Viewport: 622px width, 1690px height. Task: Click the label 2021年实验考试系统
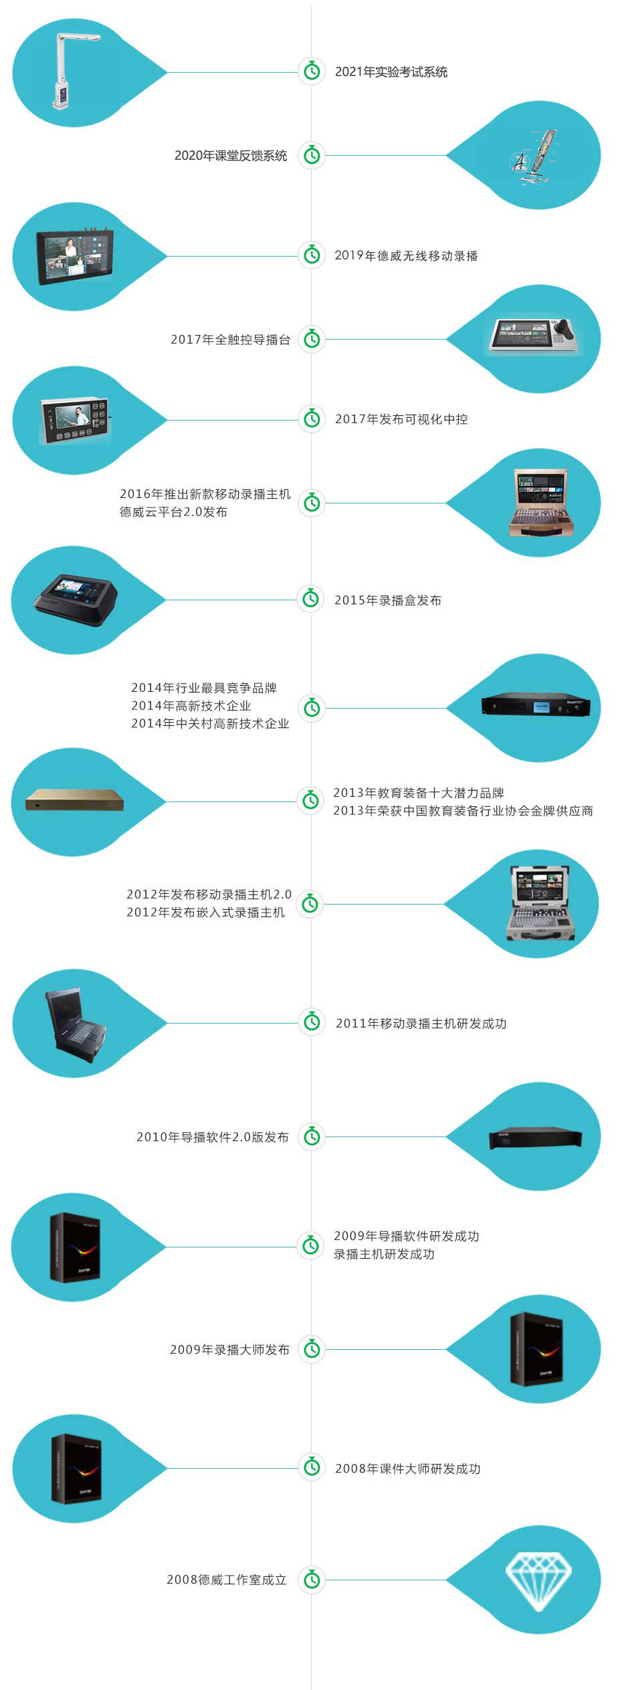click(x=391, y=72)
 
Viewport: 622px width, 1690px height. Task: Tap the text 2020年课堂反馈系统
click(x=231, y=155)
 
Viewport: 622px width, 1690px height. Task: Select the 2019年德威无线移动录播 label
click(x=406, y=255)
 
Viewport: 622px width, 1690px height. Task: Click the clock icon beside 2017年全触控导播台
click(x=312, y=339)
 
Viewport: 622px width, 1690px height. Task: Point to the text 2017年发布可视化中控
click(x=401, y=419)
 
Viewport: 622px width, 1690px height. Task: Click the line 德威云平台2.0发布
click(x=174, y=512)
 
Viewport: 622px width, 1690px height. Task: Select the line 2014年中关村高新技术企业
click(x=210, y=723)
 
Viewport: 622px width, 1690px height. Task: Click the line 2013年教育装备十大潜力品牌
click(x=419, y=793)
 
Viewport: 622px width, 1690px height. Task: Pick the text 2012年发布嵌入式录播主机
click(x=205, y=913)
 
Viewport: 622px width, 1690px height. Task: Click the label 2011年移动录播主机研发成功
click(x=421, y=1023)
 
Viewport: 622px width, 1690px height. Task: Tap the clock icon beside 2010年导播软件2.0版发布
click(x=312, y=1136)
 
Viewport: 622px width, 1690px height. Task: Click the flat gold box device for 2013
click(x=75, y=800)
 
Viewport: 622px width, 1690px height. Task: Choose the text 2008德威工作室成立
click(x=227, y=1579)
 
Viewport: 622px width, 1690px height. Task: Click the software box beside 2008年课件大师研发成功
click(x=76, y=1467)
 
